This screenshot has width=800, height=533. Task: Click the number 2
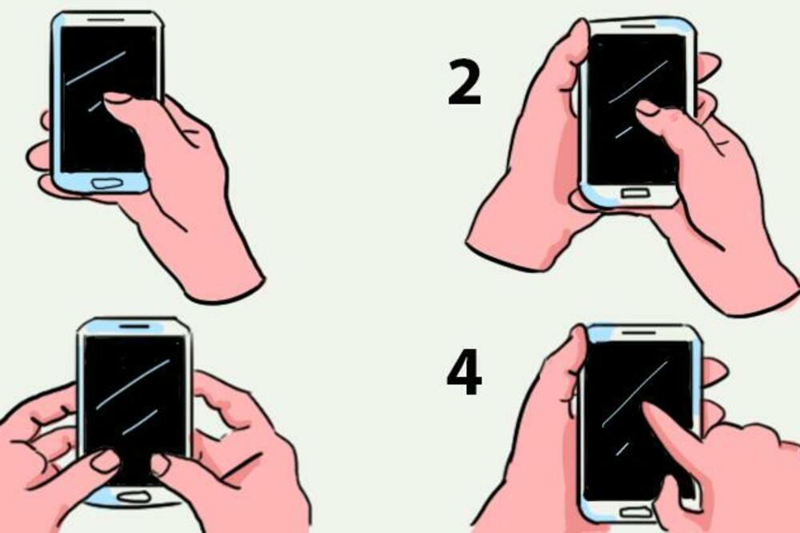[465, 82]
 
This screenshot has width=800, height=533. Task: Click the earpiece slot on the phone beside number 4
[638, 331]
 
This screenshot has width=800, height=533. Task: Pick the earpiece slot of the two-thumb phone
[134, 327]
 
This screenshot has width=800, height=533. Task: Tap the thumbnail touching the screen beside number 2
[646, 107]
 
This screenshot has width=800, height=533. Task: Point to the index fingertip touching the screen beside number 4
[650, 410]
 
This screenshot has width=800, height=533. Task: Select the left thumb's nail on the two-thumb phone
[105, 460]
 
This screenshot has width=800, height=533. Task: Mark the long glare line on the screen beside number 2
[638, 81]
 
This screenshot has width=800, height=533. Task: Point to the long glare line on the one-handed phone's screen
[96, 68]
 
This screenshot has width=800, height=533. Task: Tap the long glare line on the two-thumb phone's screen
[132, 384]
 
